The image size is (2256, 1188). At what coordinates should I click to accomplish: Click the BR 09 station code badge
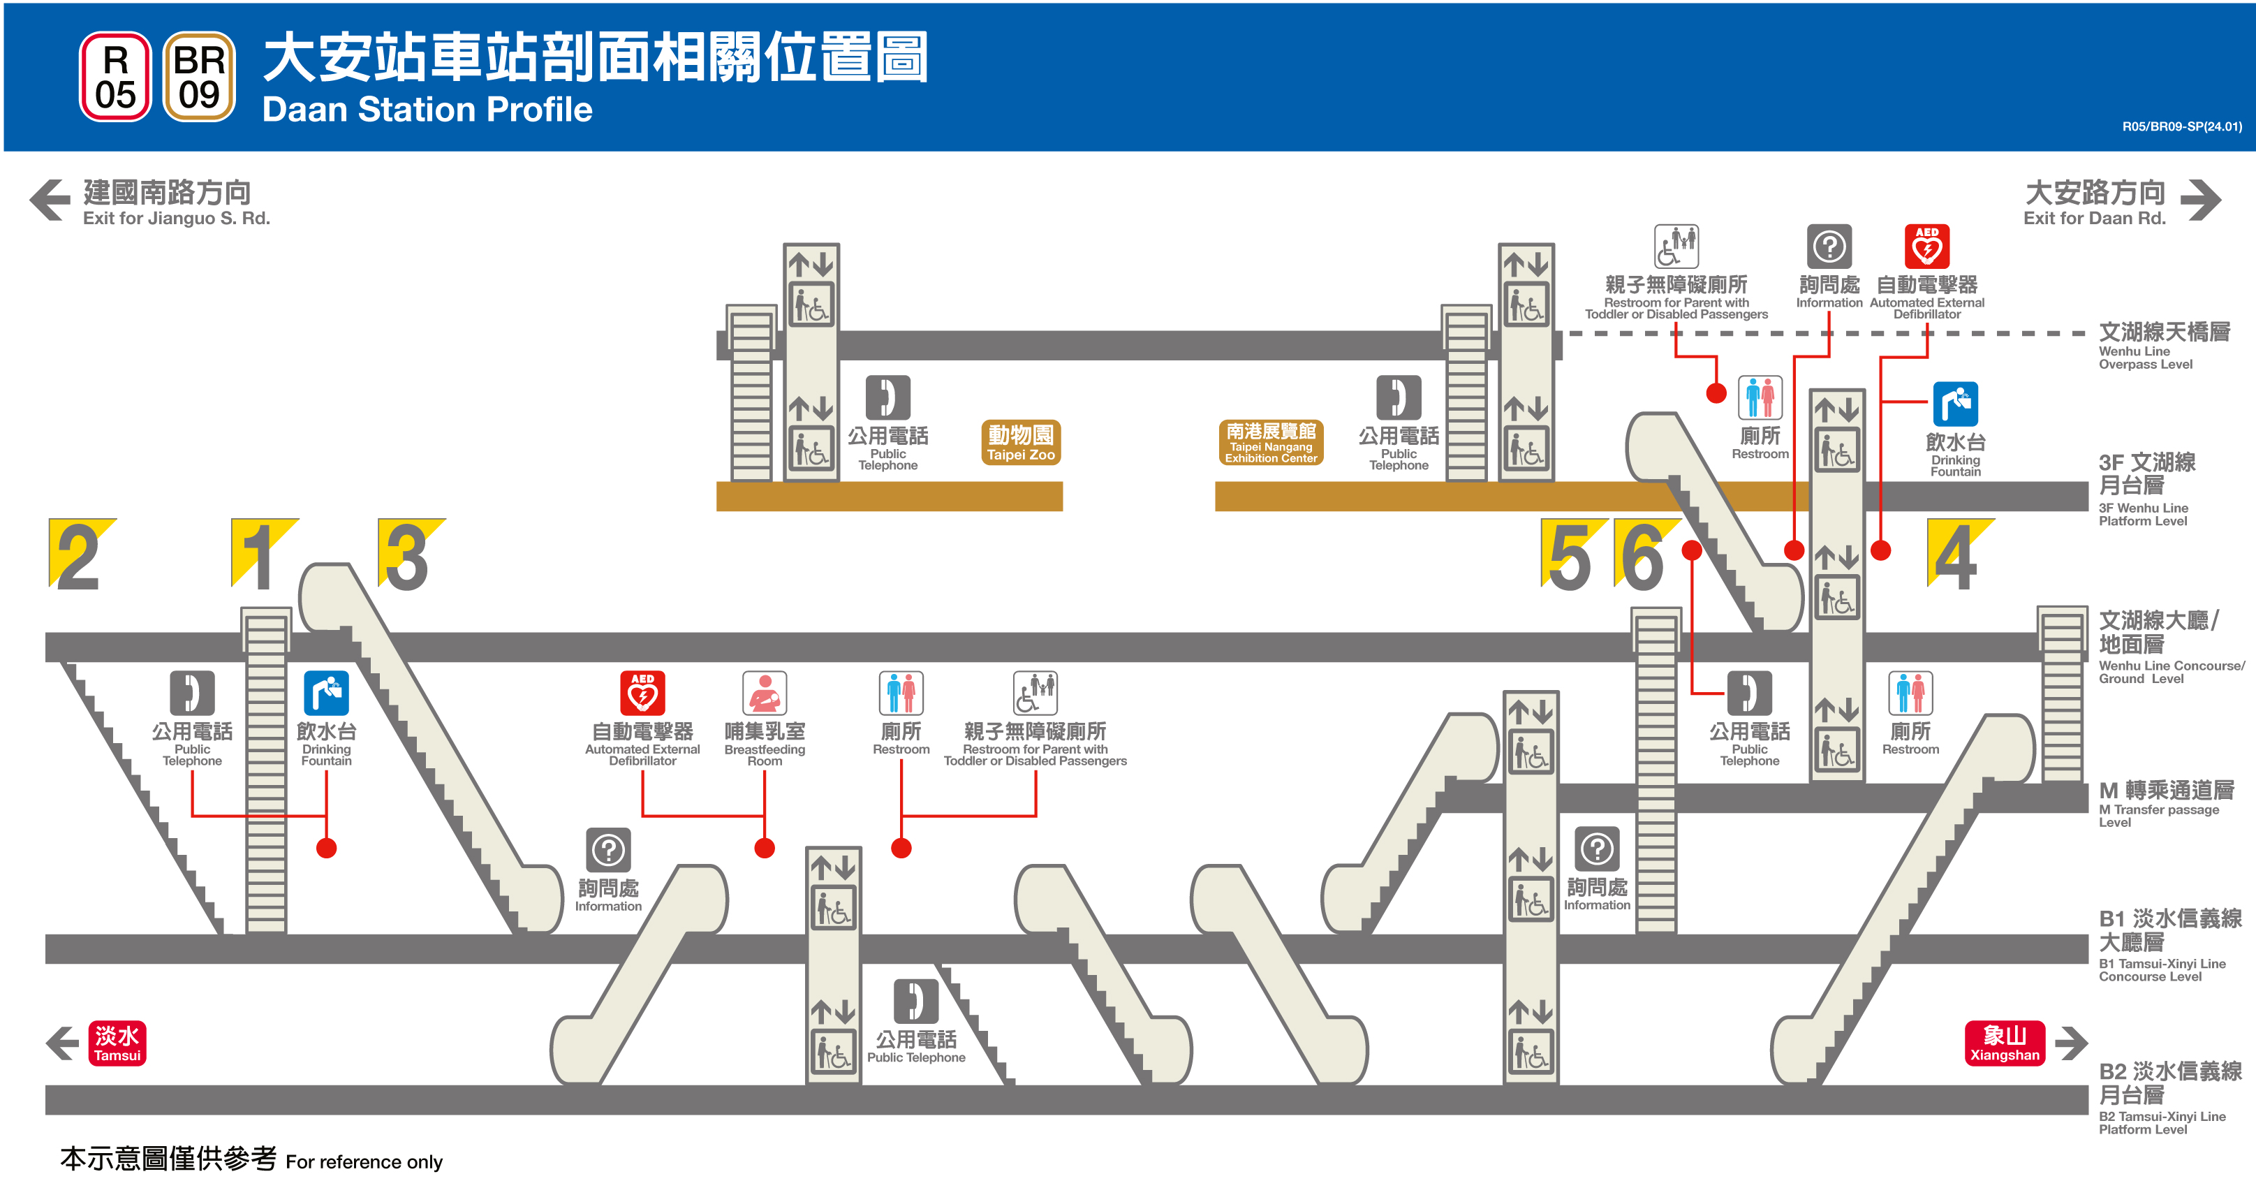(x=199, y=77)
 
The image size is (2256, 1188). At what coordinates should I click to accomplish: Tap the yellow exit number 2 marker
(x=80, y=555)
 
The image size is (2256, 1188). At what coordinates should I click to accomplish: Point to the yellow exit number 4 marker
(x=1956, y=555)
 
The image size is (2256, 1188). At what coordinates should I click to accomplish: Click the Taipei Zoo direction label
(x=1020, y=442)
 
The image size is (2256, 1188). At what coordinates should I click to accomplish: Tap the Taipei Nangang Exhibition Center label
(x=1271, y=442)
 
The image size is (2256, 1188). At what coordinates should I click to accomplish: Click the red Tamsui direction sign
(x=117, y=1043)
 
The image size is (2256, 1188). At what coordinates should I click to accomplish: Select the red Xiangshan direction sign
(x=2005, y=1043)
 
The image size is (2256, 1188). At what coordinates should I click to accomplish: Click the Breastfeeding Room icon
(x=765, y=693)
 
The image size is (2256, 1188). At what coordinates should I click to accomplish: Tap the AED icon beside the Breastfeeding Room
(x=643, y=693)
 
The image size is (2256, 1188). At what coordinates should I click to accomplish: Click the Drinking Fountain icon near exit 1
(x=326, y=693)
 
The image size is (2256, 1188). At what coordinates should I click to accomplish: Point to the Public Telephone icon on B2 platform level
(x=916, y=1002)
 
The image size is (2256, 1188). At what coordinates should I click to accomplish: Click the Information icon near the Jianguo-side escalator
(x=609, y=849)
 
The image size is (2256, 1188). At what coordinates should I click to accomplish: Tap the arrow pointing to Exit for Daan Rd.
(x=2200, y=200)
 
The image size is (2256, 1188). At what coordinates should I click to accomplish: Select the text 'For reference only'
(x=364, y=1161)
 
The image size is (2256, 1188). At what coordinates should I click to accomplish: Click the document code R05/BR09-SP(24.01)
(x=2181, y=127)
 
